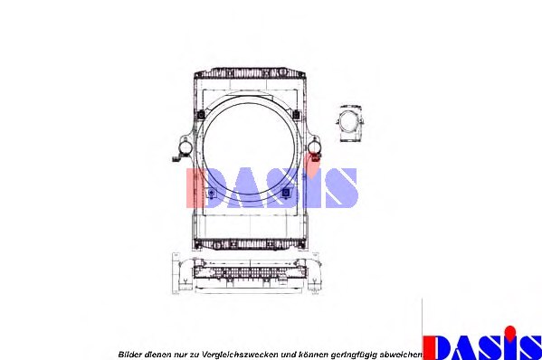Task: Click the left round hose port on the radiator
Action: (x=184, y=147)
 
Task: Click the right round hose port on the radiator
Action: (x=314, y=147)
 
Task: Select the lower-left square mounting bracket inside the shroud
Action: (x=211, y=194)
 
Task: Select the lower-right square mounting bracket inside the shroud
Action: (x=287, y=193)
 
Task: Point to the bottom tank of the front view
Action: (x=249, y=243)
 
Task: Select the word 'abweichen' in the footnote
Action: (x=401, y=353)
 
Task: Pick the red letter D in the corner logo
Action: (x=440, y=346)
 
